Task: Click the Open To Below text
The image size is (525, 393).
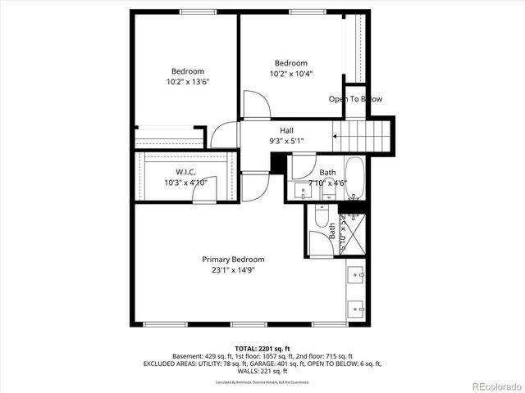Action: point(355,99)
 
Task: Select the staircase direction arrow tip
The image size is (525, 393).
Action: point(334,138)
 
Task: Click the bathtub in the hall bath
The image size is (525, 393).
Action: point(354,178)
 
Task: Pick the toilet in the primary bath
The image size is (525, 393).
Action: point(318,242)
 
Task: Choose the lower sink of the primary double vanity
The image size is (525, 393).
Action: point(354,309)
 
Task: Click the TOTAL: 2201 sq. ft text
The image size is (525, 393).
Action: point(262,347)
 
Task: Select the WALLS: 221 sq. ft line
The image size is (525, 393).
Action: point(262,371)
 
